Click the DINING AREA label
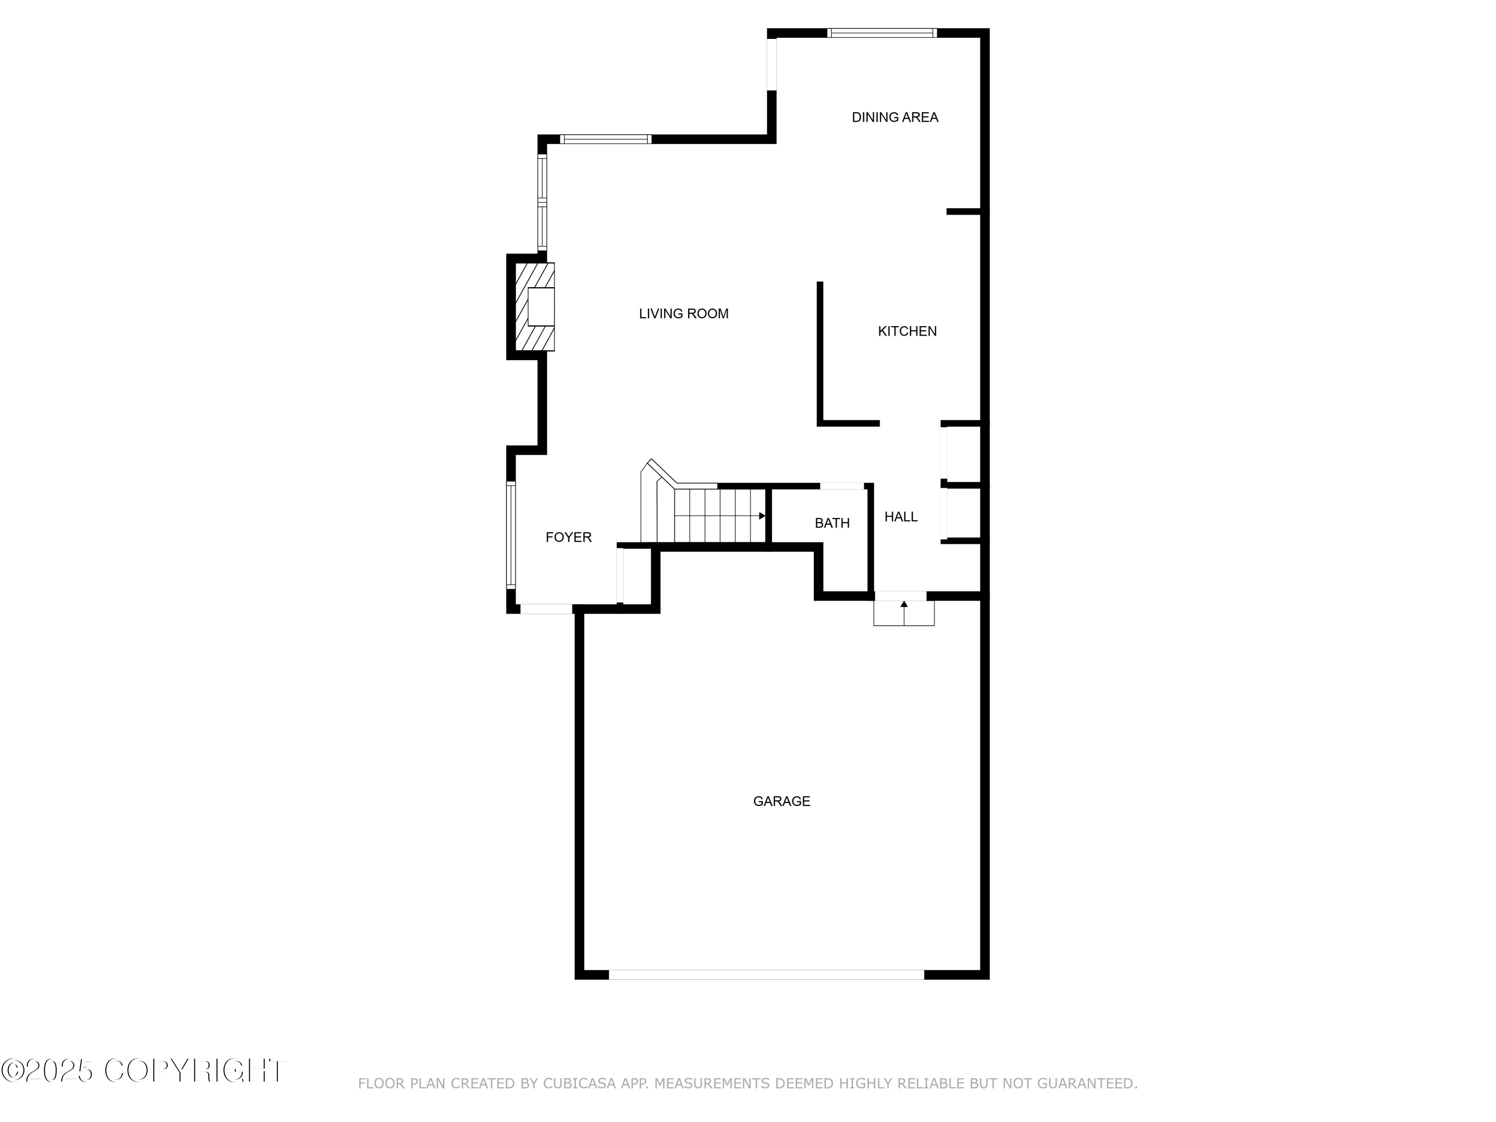point(894,118)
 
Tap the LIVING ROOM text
point(683,314)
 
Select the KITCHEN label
point(907,332)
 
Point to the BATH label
point(832,523)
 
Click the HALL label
point(901,517)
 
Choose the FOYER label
point(568,537)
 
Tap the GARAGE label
point(781,801)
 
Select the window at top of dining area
point(882,32)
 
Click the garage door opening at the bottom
point(766,974)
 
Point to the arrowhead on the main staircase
point(762,516)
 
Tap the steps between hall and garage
point(904,613)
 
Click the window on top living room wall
point(605,139)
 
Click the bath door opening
point(842,486)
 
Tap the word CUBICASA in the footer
point(579,1084)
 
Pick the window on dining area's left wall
point(771,63)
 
